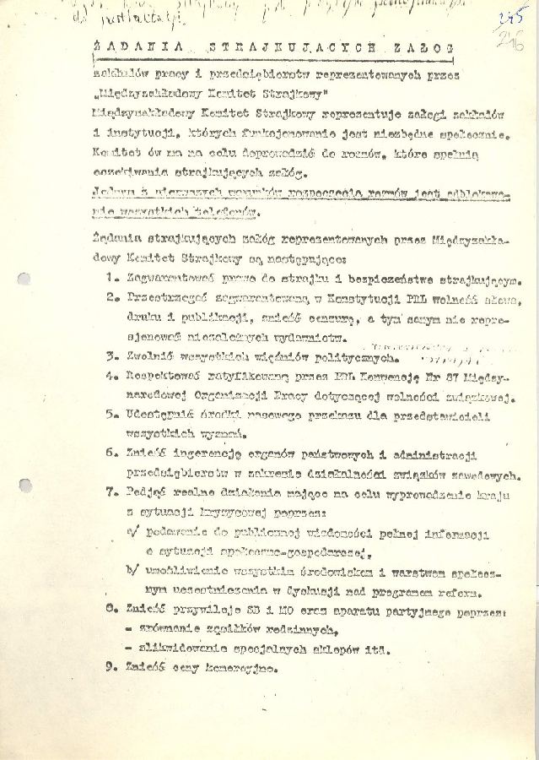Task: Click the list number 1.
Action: click(111, 281)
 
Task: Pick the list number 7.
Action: click(111, 492)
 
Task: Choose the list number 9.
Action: click(111, 669)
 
